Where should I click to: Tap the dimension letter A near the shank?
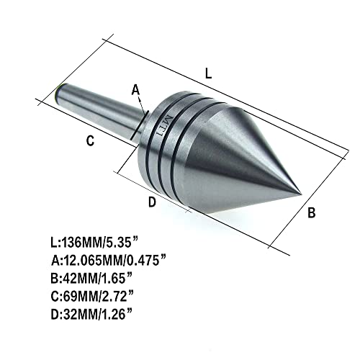tap(134, 89)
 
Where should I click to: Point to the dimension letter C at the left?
tap(90, 142)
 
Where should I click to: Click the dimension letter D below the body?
tap(152, 202)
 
